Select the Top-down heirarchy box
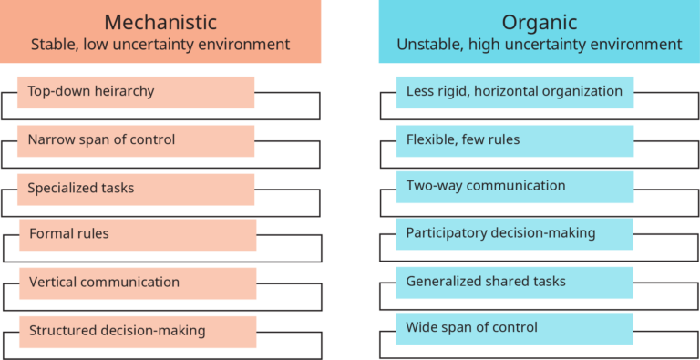point(136,92)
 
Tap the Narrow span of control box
point(136,140)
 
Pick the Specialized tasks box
point(136,189)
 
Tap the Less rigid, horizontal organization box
point(514,92)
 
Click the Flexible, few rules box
point(514,140)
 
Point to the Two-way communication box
point(514,187)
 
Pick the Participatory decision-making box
point(514,233)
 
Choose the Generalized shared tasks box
point(514,282)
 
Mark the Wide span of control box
point(514,327)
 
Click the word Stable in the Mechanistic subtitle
point(53,45)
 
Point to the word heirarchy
point(122,91)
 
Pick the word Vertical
point(54,283)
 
